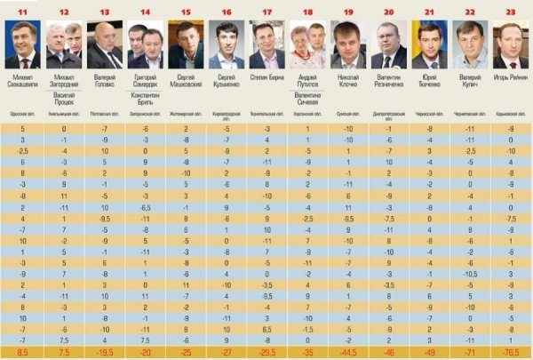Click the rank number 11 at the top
pyautogui.click(x=21, y=12)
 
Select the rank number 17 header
pyautogui.click(x=267, y=12)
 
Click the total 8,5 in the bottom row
pyautogui.click(x=21, y=353)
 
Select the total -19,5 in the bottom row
pyautogui.click(x=105, y=353)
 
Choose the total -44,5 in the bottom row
pyautogui.click(x=348, y=353)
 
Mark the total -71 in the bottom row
pyautogui.click(x=471, y=353)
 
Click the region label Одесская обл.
pyautogui.click(x=21, y=116)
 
